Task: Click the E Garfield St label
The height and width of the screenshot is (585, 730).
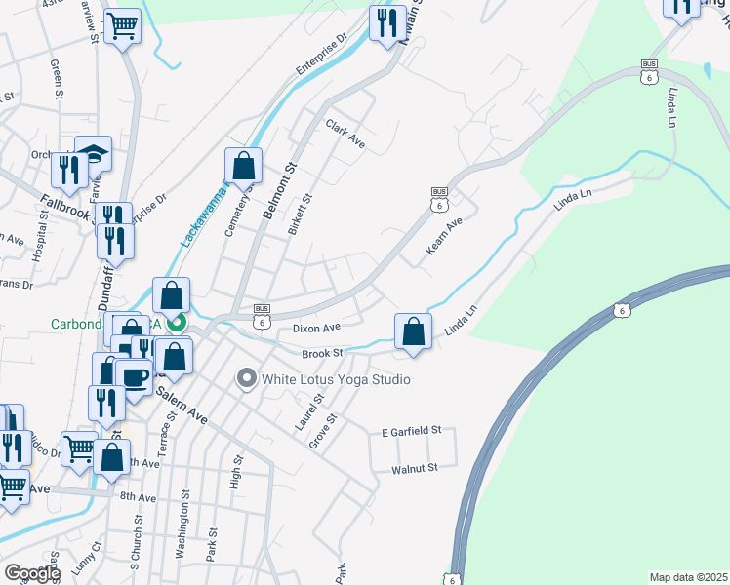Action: (412, 430)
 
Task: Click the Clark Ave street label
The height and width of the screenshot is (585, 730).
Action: (345, 135)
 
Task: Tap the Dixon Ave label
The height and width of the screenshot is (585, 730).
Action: (316, 329)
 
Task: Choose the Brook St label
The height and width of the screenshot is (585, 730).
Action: (322, 353)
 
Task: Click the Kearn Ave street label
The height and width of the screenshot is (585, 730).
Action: (444, 238)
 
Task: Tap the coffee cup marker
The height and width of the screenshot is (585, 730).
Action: (134, 376)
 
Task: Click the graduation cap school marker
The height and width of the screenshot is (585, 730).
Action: (94, 153)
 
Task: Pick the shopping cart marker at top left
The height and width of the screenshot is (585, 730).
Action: (122, 25)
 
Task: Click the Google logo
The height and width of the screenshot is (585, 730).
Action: (32, 572)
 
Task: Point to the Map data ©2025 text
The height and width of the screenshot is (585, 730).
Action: (688, 577)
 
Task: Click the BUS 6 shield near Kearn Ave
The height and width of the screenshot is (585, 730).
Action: (439, 199)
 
